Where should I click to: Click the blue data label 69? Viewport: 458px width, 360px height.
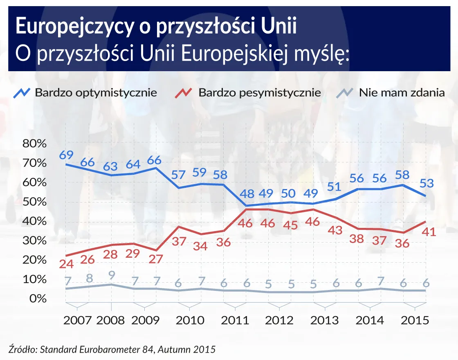tap(66, 155)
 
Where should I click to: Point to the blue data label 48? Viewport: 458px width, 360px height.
tap(246, 193)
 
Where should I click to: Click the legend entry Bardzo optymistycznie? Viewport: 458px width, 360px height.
tap(96, 92)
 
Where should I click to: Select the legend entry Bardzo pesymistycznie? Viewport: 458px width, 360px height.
tap(259, 92)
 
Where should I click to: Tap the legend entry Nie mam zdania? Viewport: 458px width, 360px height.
tap(402, 92)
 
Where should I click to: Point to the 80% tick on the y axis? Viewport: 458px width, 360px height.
tap(34, 144)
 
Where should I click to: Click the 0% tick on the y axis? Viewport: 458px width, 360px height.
tap(37, 299)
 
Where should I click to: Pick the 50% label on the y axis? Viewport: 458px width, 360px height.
tap(34, 202)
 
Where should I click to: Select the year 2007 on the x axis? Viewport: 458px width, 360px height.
tap(77, 320)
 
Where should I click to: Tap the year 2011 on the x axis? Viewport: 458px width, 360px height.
tap(235, 320)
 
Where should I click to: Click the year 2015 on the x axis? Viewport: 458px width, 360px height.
tap(414, 320)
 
